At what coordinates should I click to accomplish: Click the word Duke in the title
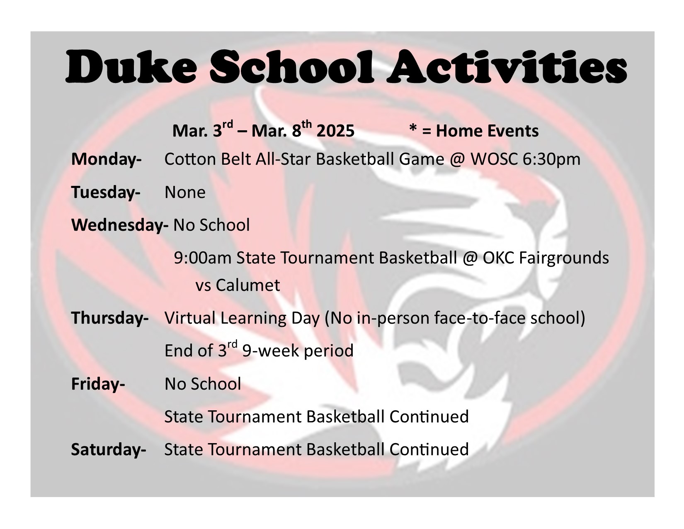pos(131,66)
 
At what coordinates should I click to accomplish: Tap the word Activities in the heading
pos(507,66)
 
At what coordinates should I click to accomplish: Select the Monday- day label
pos(107,159)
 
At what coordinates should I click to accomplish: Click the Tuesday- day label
pos(106,192)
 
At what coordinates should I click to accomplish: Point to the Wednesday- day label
pos(120,225)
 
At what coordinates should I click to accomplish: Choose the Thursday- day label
pos(110,317)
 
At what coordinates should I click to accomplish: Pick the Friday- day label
pos(98,384)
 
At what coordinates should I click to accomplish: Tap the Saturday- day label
pos(109,450)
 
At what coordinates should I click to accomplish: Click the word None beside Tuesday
pos(185,192)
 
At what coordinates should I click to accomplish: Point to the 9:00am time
pos(203,258)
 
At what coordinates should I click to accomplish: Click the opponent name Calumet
pos(248,285)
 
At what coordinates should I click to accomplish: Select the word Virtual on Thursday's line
pos(190,317)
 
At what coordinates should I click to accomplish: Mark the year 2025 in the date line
pos(335,131)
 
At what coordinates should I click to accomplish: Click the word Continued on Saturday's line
pos(429,450)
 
